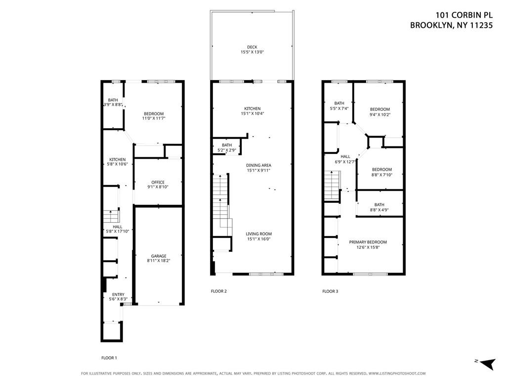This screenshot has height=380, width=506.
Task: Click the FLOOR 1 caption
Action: click(x=109, y=358)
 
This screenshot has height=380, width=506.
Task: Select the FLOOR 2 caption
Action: click(x=219, y=291)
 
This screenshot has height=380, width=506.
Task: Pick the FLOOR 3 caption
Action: click(x=330, y=291)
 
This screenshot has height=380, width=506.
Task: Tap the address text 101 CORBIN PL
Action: click(x=464, y=15)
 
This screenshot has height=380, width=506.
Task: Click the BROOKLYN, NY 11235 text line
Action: click(x=452, y=25)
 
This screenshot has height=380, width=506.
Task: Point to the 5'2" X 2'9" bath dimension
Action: click(x=227, y=150)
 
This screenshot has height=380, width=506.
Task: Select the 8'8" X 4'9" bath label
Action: click(x=379, y=207)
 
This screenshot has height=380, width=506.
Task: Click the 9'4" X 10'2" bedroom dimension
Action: click(x=380, y=114)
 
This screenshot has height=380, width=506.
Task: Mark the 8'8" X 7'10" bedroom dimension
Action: click(x=382, y=175)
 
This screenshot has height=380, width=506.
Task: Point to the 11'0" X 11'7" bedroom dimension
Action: click(x=154, y=118)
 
